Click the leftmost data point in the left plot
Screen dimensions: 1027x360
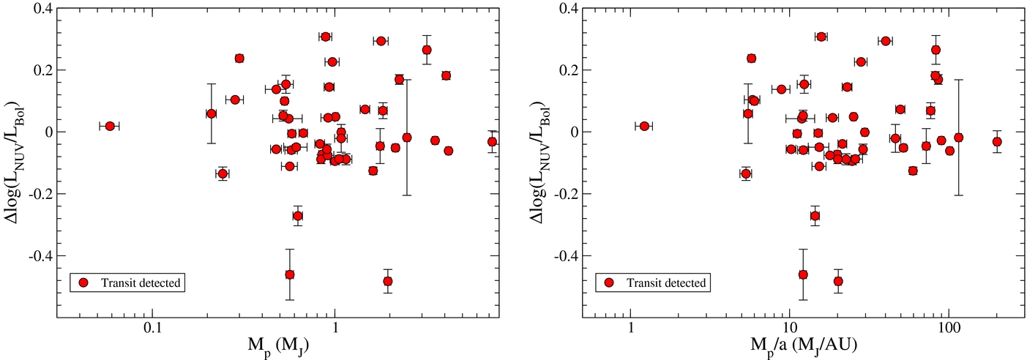(110, 126)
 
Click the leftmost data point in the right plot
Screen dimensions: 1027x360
(644, 126)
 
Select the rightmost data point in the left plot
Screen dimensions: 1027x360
(492, 141)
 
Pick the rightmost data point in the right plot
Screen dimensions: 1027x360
(997, 141)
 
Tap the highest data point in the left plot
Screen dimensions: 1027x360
(326, 37)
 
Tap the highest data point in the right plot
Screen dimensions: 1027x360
(821, 37)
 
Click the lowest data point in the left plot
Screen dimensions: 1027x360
(388, 281)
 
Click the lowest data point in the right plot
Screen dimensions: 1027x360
(838, 281)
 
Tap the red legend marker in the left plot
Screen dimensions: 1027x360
(83, 282)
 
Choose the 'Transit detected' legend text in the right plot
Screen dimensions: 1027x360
(666, 283)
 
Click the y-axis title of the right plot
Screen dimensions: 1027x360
(539, 162)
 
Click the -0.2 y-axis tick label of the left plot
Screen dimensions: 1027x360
(40, 194)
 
